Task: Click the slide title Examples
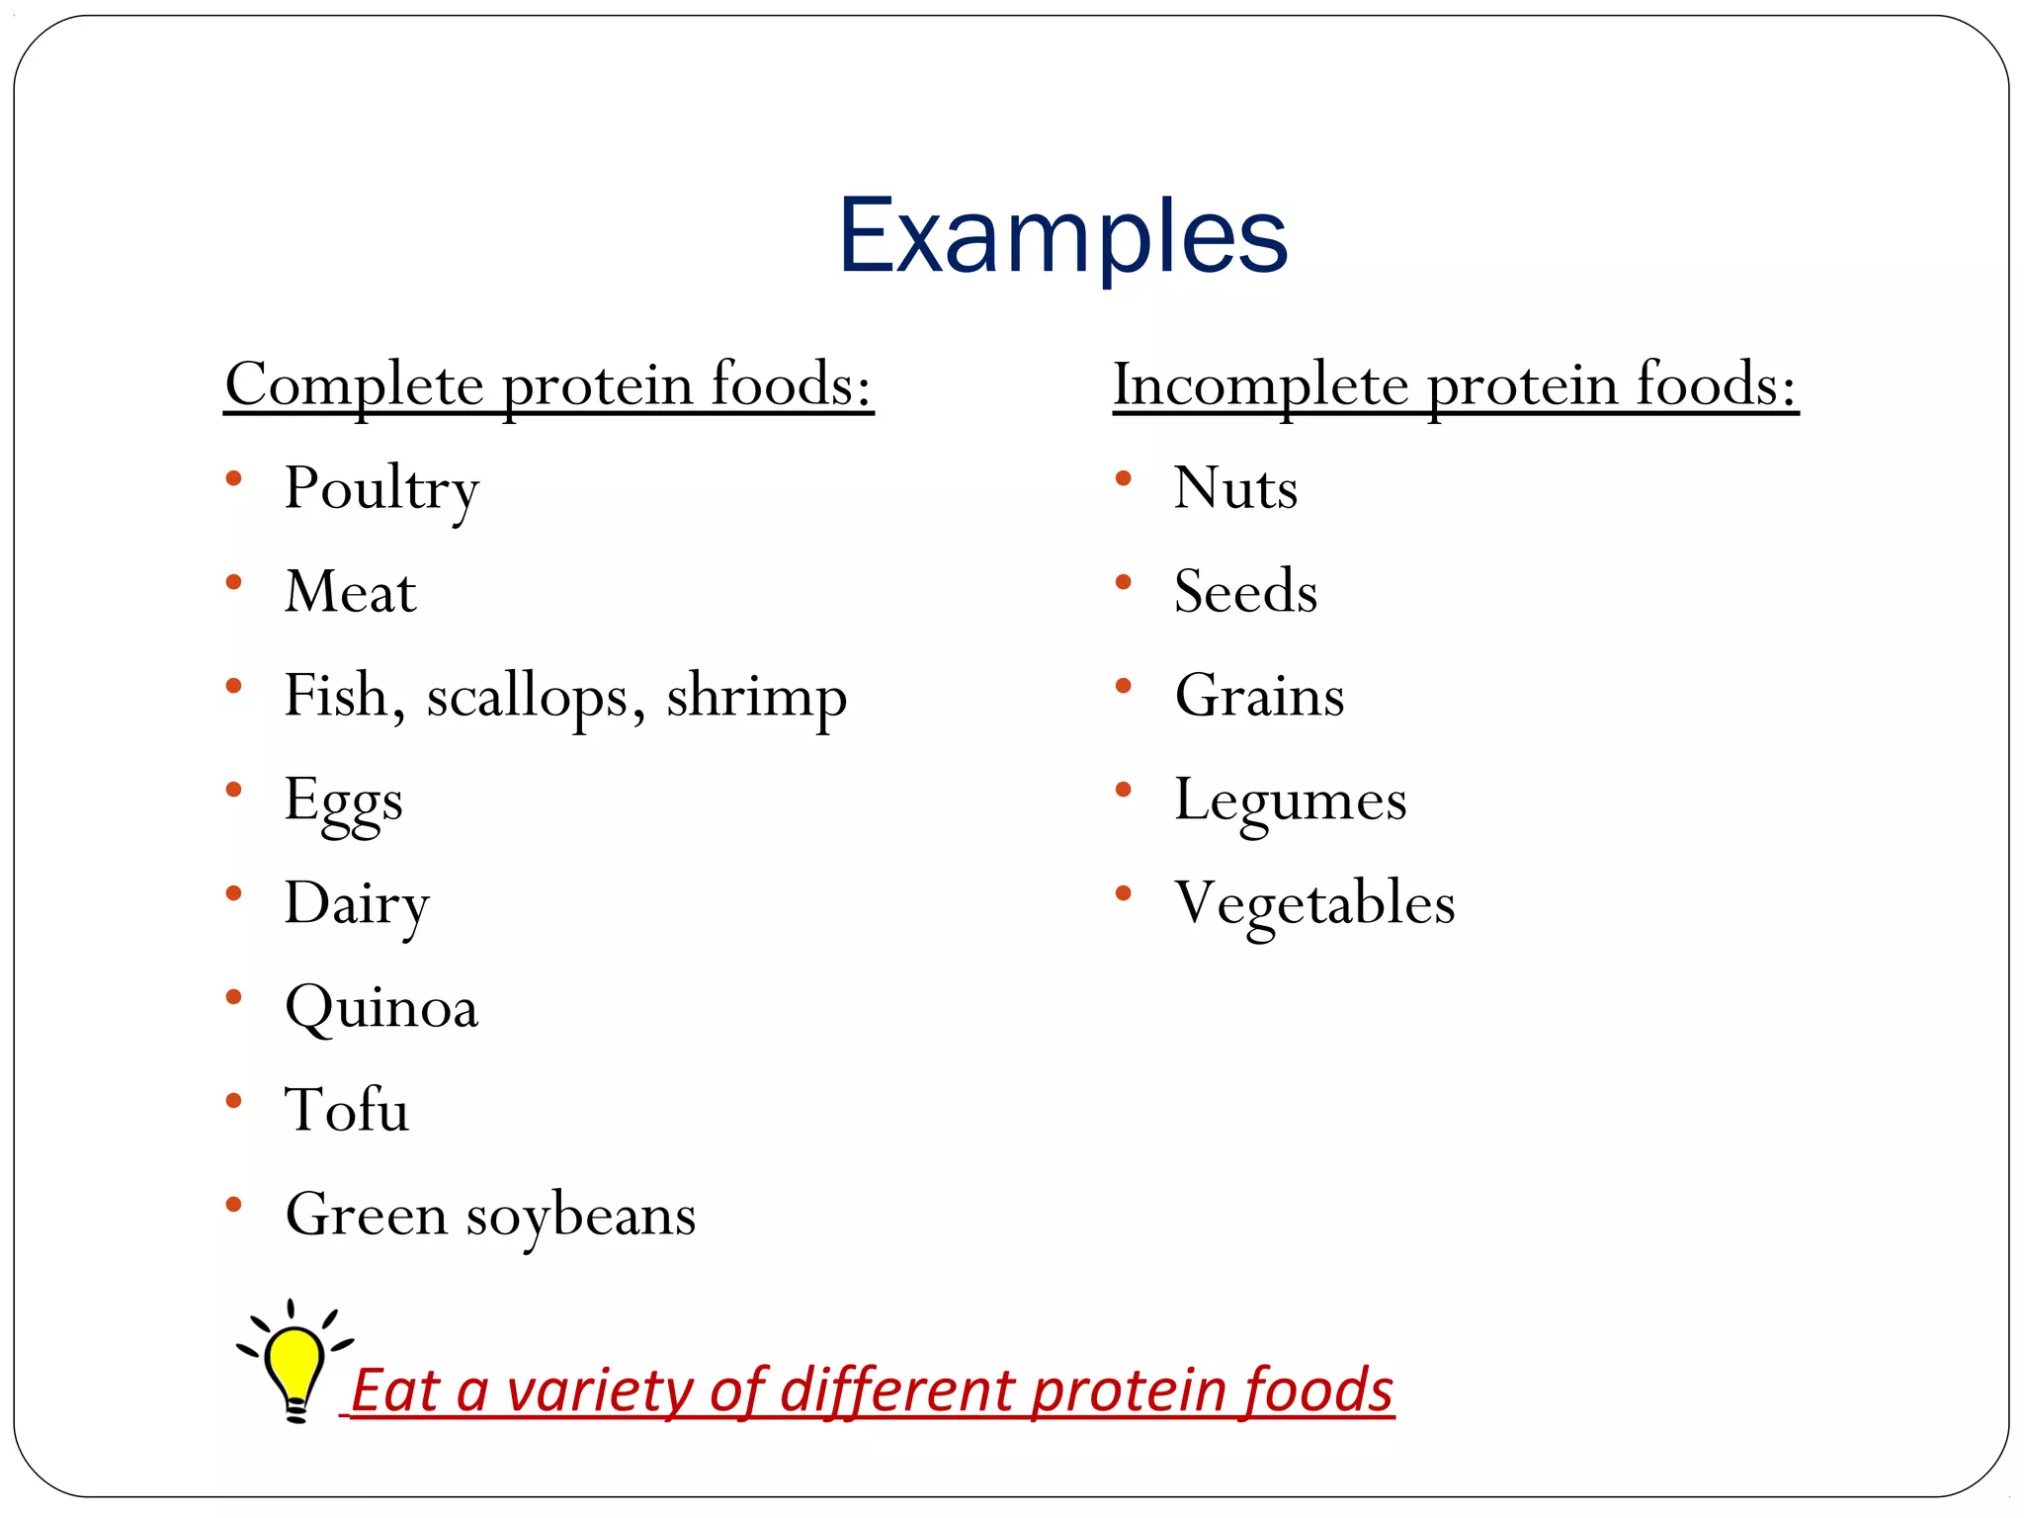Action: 1062,237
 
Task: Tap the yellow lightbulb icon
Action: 294,1364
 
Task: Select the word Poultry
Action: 381,489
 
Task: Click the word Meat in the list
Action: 350,592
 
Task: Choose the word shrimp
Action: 756,697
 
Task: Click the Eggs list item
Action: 343,801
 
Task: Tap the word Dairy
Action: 357,904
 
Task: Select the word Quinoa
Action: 380,1008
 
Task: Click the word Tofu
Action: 346,1110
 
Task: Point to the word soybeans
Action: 581,1216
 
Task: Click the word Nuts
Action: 1235,488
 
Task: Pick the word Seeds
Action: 1245,592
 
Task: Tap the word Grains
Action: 1259,696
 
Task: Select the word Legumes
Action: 1290,801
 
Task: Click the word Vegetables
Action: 1314,904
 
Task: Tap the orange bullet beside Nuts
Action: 1123,479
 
